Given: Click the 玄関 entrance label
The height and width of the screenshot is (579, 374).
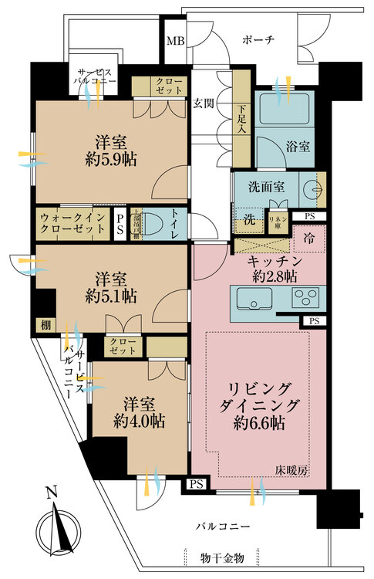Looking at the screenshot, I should [x=204, y=102].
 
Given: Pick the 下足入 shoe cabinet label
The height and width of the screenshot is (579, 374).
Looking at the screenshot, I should [x=242, y=117].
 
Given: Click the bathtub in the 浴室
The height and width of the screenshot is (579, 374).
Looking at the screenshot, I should [x=282, y=110].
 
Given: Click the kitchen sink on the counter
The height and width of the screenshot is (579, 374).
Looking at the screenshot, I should [x=253, y=297].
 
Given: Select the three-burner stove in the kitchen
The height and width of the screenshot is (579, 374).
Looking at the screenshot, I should [x=306, y=297].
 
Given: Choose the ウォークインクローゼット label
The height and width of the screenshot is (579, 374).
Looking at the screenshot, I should [x=72, y=224].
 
